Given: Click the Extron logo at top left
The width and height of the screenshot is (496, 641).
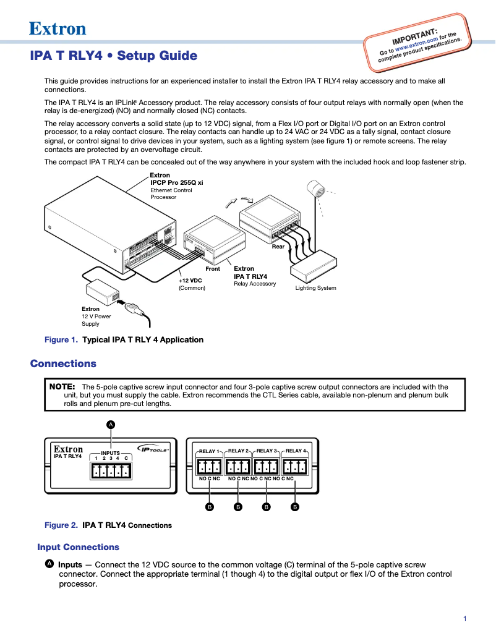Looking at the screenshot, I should coord(58,28).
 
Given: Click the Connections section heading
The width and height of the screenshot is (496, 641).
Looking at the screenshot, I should coord(63,363).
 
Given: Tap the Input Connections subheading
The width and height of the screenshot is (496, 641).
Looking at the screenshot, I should coord(78,547).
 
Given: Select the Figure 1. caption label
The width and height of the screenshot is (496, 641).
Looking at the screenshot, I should coord(61,339).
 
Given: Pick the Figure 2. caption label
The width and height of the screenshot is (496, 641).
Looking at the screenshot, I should coord(61,525).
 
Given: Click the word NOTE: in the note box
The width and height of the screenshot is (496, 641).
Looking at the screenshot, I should coord(62,387).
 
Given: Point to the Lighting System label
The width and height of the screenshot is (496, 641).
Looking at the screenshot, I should coord(315,288).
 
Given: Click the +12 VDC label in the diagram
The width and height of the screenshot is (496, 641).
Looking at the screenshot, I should coord(190,280).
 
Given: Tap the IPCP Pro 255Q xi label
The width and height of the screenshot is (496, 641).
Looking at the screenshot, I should coord(177,183).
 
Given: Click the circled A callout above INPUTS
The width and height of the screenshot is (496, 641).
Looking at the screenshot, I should coord(111,424).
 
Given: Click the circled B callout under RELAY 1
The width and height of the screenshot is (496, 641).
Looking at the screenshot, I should coord(210,507).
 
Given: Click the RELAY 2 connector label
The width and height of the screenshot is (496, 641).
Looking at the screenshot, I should coord(237,451).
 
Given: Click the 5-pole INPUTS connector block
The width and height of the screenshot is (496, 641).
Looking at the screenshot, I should coord(110,471).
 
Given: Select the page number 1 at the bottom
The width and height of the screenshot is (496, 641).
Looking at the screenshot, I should coord(464,619).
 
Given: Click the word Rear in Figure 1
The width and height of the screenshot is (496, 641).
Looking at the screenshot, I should coord(278,246).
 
